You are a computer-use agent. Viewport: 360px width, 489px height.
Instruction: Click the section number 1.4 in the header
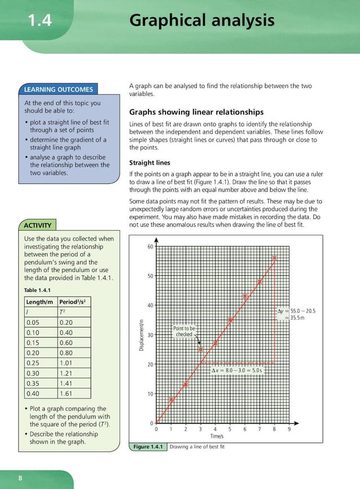point(39,21)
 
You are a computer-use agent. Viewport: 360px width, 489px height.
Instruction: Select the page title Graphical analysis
point(201,21)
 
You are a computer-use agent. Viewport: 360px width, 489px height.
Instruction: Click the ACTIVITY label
point(38,226)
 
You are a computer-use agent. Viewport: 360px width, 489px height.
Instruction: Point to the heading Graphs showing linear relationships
point(196,112)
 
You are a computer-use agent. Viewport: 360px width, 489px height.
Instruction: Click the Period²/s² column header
point(74,302)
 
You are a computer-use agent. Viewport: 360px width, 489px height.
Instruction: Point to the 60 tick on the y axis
point(150,247)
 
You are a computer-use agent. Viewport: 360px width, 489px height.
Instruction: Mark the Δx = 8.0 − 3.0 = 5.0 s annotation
point(237,371)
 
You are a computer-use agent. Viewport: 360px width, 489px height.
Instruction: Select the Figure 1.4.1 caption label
point(148,447)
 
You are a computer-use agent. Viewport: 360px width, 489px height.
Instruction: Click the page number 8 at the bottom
point(20,478)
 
